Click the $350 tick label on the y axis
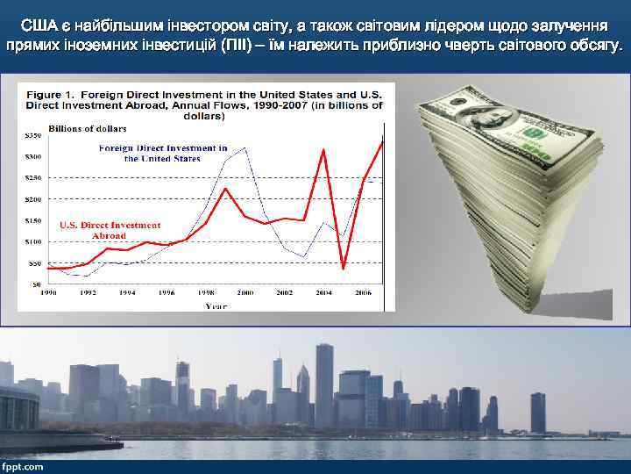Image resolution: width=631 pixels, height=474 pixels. [x=31, y=136]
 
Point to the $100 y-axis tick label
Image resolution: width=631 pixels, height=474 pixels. [x=31, y=241]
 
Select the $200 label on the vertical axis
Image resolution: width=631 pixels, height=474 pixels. [x=31, y=199]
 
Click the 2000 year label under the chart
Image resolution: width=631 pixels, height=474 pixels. [x=245, y=292]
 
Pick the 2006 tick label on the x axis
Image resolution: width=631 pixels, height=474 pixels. [x=361, y=292]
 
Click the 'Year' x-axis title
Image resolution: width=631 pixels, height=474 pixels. [x=216, y=305]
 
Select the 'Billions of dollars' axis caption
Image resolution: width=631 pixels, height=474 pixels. [x=88, y=128]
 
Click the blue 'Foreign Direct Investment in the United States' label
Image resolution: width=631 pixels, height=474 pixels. [x=163, y=153]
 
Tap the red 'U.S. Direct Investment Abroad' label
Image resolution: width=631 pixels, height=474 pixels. [x=110, y=231]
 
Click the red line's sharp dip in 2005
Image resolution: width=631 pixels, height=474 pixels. [x=344, y=267]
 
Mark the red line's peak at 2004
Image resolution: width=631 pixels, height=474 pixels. [x=323, y=150]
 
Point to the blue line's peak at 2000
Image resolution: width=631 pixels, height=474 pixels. [x=245, y=148]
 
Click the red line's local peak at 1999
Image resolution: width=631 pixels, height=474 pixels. [x=226, y=189]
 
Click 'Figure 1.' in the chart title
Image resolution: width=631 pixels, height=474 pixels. [x=50, y=94]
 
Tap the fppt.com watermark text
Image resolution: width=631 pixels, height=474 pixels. [x=23, y=466]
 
